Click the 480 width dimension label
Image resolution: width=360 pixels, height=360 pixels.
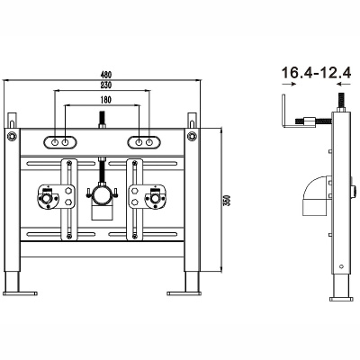106,74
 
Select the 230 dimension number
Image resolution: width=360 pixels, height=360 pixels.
106,85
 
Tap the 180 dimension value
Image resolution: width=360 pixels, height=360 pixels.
106,100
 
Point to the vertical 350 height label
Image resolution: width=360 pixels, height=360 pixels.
227,200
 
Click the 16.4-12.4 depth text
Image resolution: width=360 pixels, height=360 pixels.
316,73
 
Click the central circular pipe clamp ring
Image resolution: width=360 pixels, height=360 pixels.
102,196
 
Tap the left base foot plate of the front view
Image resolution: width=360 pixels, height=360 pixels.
20,293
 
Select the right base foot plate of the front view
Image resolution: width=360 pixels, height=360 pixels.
184,293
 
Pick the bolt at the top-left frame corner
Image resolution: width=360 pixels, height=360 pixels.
12,136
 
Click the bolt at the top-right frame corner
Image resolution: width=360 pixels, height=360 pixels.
192,136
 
